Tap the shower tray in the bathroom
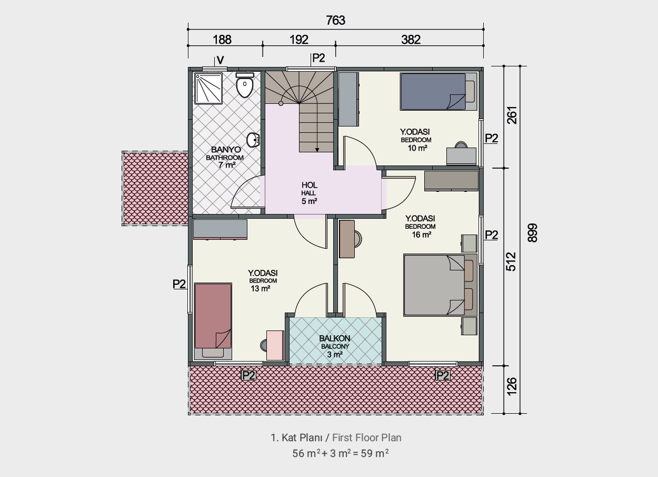click(208, 88)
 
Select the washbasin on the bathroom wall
click(253, 140)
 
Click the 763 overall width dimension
click(335, 20)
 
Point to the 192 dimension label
click(299, 40)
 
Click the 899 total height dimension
click(533, 233)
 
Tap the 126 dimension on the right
click(512, 386)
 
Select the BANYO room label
click(226, 150)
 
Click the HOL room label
click(310, 185)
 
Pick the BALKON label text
click(335, 338)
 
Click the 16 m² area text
click(422, 235)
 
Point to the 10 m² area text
click(417, 148)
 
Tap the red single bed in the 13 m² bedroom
click(213, 321)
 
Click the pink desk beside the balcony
click(275, 345)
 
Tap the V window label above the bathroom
click(220, 60)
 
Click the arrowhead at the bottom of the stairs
click(317, 150)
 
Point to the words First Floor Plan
click(366, 437)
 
